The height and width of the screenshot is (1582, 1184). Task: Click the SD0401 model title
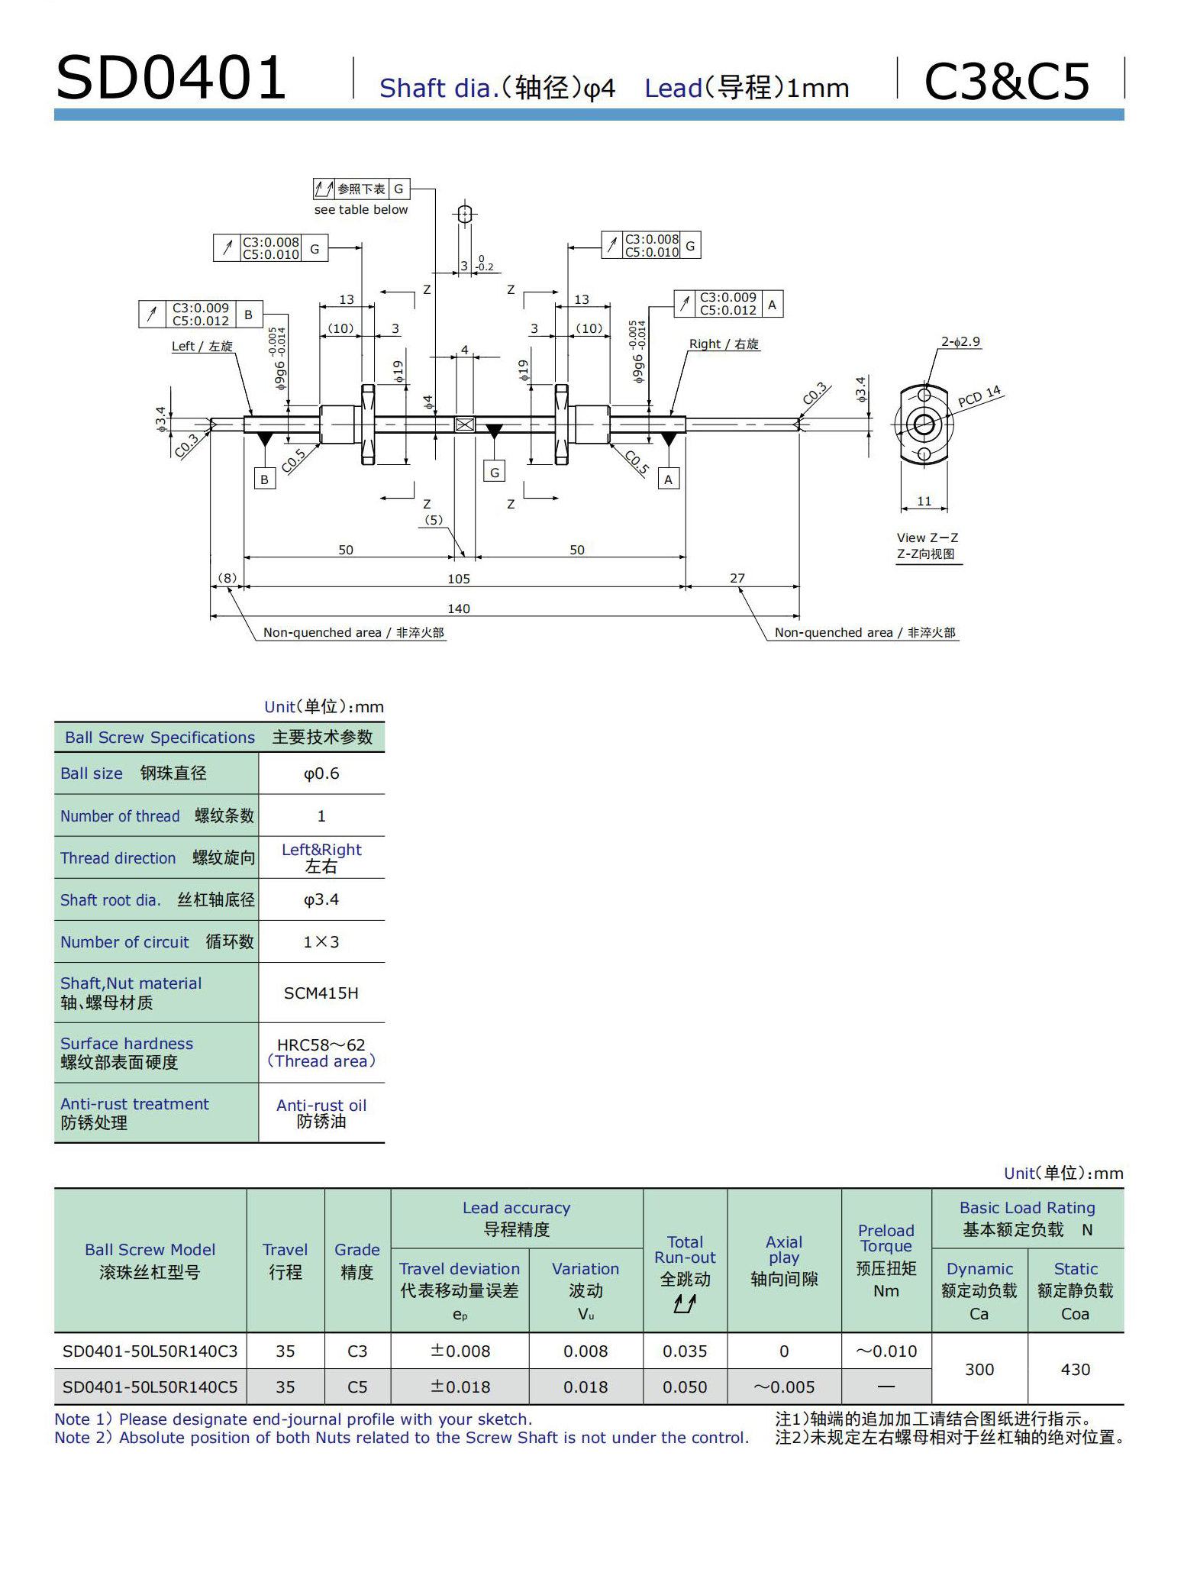(171, 78)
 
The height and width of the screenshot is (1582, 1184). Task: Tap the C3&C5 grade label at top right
(1006, 81)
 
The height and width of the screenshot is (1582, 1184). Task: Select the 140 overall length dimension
(459, 609)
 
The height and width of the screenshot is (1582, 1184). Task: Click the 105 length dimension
(459, 579)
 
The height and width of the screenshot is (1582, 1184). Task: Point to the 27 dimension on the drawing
(737, 578)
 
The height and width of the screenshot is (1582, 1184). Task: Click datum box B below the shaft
(264, 479)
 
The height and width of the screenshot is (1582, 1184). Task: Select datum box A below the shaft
(669, 479)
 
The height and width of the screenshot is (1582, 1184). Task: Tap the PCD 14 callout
(979, 396)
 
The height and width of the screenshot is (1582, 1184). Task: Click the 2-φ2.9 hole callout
(960, 341)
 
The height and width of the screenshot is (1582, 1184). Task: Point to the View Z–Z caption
(927, 538)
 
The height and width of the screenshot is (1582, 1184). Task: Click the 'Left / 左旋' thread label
(202, 346)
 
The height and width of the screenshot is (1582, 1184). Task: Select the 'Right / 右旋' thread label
(724, 344)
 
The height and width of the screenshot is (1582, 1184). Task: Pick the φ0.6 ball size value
(321, 773)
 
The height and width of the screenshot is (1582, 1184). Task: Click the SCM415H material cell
(321, 993)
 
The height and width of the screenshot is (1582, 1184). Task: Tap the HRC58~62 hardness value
(321, 1044)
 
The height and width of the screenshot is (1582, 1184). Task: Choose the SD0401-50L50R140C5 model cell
(150, 1387)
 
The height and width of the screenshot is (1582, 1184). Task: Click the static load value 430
(1075, 1369)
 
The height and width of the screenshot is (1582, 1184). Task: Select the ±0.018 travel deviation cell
(460, 1387)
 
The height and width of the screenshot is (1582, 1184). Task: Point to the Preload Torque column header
(886, 1260)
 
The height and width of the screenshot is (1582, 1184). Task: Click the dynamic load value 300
(979, 1369)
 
